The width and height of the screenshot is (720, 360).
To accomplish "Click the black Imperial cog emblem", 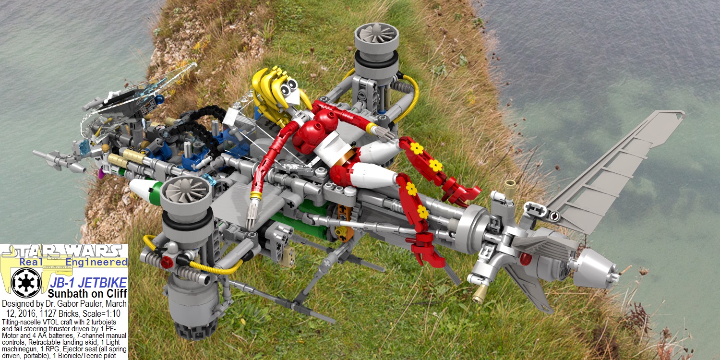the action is coord(26,283).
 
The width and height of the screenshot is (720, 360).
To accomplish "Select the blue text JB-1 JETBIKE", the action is coord(88,283).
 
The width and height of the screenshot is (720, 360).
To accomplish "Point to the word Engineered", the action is coord(96,262).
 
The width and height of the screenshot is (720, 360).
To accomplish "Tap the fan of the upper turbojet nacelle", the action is coord(376,33).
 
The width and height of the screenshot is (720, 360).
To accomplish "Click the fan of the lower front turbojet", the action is coord(185,190).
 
